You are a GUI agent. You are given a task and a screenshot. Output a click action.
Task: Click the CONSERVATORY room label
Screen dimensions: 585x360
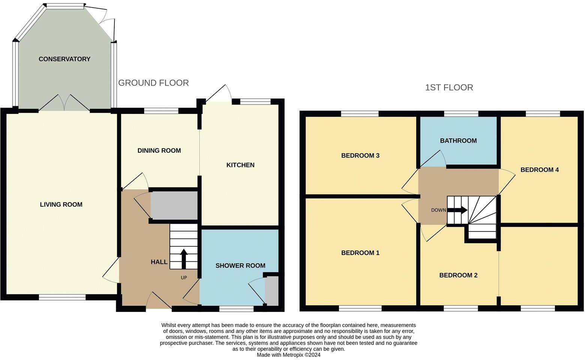(64, 59)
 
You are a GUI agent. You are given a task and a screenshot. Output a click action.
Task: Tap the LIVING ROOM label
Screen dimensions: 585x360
(61, 204)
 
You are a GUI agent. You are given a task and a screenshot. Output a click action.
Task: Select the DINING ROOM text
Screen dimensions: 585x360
(159, 150)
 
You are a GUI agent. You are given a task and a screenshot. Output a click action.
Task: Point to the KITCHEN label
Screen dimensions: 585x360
(240, 165)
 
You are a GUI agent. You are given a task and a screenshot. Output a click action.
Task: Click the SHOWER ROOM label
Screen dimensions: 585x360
(240, 266)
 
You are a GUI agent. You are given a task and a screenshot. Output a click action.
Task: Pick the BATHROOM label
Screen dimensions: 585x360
(458, 141)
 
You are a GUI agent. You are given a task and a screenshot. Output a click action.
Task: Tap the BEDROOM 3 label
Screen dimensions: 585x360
(360, 156)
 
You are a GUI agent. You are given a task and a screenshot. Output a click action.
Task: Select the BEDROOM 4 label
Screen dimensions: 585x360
(540, 170)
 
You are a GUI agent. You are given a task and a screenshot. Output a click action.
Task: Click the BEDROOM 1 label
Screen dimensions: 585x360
(360, 253)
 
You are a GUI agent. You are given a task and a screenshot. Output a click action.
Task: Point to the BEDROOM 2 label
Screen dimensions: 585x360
(458, 275)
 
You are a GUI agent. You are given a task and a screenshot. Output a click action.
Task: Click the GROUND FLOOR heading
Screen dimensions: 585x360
(153, 83)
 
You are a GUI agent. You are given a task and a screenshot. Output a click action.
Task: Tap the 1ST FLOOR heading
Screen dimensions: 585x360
(449, 87)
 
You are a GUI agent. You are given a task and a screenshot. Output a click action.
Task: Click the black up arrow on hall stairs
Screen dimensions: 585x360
(184, 259)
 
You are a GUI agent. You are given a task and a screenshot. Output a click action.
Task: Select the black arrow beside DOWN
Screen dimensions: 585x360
(457, 210)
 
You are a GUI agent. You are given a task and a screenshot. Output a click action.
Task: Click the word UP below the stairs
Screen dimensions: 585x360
(184, 278)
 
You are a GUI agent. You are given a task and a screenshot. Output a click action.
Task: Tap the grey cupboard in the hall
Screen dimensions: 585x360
(174, 205)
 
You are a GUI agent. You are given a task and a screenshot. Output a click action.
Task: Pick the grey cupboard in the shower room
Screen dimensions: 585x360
(272, 291)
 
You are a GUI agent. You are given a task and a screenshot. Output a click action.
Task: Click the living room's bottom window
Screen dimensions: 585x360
(62, 297)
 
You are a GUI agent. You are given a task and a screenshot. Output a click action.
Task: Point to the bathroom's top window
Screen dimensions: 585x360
(461, 114)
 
